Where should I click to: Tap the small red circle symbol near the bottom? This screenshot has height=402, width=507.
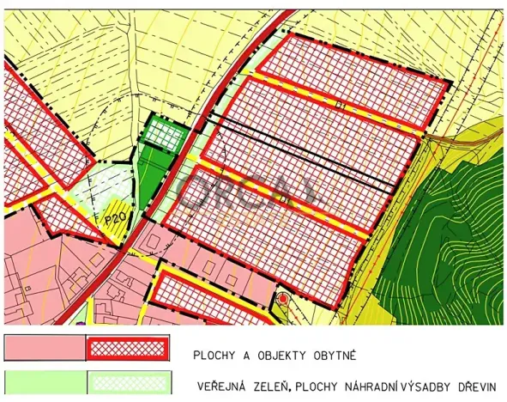point(283,299)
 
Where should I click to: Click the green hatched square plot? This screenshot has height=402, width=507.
point(162,135)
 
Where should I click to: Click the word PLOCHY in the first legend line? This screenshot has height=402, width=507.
point(217,354)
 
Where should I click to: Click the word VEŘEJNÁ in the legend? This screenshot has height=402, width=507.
point(228,387)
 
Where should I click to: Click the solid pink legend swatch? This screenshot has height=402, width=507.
point(45,348)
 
